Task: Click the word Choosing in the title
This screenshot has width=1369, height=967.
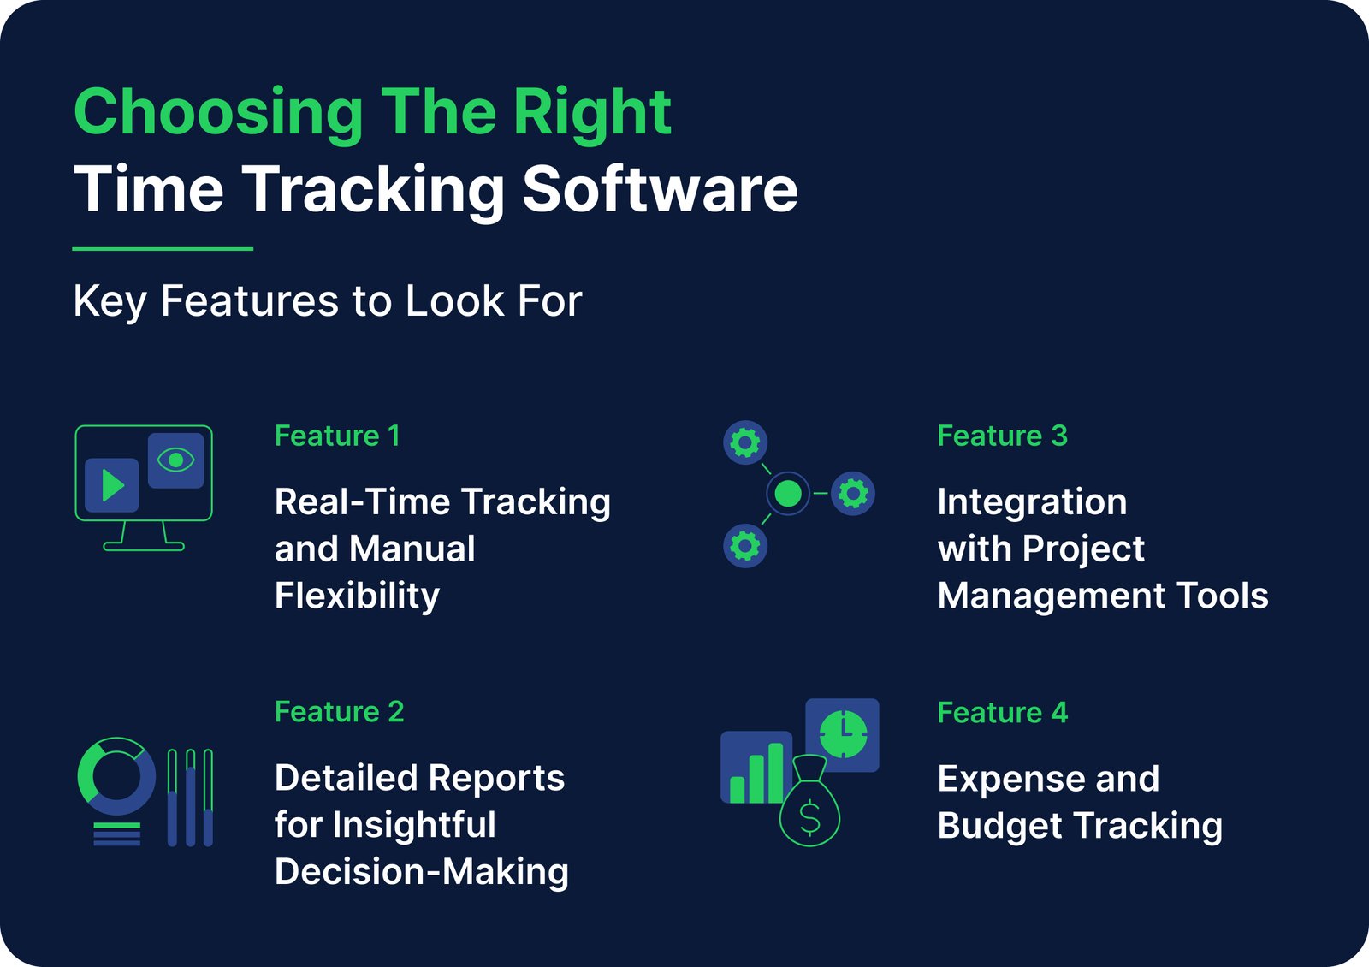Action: pyautogui.click(x=218, y=113)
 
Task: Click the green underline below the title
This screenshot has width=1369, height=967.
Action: pyautogui.click(x=163, y=249)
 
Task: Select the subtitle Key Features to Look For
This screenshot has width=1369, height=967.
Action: pyautogui.click(x=328, y=301)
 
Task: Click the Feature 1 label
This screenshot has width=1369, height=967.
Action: pyautogui.click(x=337, y=436)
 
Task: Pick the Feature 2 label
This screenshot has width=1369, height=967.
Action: pyautogui.click(x=339, y=712)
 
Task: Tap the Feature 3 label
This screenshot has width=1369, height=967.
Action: pyautogui.click(x=1002, y=436)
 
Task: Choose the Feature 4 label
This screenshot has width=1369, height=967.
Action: pyautogui.click(x=1002, y=713)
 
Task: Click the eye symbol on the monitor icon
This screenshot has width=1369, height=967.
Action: pyautogui.click(x=176, y=460)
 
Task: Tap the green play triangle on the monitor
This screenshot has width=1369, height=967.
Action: pyautogui.click(x=112, y=485)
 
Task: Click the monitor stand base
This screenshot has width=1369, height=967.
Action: pyautogui.click(x=144, y=546)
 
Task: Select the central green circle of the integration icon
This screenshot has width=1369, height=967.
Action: pyautogui.click(x=787, y=494)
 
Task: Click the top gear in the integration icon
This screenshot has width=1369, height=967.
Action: pyautogui.click(x=745, y=443)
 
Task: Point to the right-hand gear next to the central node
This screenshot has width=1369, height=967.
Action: pyautogui.click(x=853, y=494)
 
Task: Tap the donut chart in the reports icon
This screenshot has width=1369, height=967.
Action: pyautogui.click(x=116, y=776)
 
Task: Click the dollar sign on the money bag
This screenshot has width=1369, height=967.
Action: pyautogui.click(x=809, y=818)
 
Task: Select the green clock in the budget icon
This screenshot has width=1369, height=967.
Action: pyautogui.click(x=843, y=734)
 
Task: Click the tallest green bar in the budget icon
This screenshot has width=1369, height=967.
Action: pyautogui.click(x=775, y=773)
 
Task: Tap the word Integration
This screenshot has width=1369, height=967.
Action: pyautogui.click(x=1032, y=502)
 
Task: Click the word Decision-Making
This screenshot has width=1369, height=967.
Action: pyautogui.click(x=421, y=872)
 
